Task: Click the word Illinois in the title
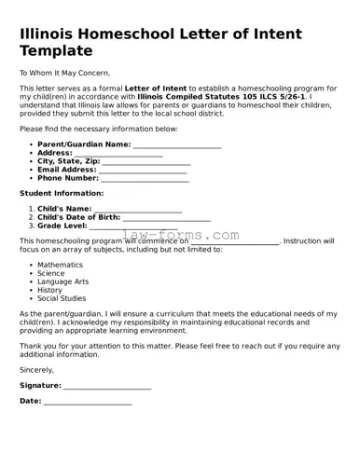[x=48, y=34]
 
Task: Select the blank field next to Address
[x=125, y=154]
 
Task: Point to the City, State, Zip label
[x=68, y=161]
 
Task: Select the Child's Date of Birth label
[x=78, y=217]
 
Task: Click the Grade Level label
[x=62, y=226]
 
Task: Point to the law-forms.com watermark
[x=181, y=236]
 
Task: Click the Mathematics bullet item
[x=60, y=265]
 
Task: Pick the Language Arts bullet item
[x=62, y=281]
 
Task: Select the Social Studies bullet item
[x=62, y=298]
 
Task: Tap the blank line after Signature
[x=107, y=386]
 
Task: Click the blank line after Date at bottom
[x=88, y=402]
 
